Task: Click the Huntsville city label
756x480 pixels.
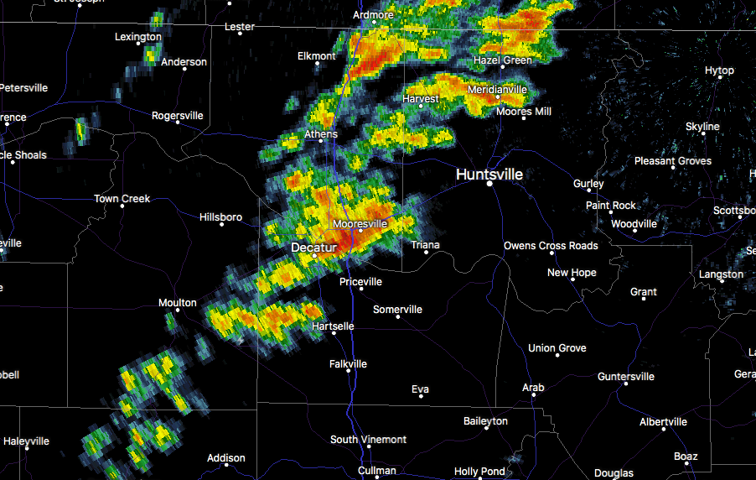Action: [489, 175]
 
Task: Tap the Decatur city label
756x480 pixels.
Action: [313, 248]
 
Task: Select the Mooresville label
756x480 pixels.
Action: [360, 224]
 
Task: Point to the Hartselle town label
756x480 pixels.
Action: [333, 326]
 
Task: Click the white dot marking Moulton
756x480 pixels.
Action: [178, 314]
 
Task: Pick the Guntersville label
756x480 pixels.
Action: [626, 377]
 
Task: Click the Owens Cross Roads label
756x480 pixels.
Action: [551, 246]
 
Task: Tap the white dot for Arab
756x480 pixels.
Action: [533, 399]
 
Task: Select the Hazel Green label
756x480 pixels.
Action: [503, 60]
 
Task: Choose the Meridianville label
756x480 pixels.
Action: [497, 89]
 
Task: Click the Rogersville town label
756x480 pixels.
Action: [177, 116]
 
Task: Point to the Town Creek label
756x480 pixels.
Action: [122, 199]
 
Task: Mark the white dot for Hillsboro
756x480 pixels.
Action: [221, 224]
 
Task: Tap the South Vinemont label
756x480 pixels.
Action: [368, 440]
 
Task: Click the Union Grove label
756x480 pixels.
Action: [557, 348]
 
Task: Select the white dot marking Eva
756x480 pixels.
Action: [420, 396]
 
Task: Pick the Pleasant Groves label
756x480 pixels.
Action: [672, 160]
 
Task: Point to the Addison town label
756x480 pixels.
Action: [226, 458]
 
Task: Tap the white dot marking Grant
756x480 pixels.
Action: [644, 303]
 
